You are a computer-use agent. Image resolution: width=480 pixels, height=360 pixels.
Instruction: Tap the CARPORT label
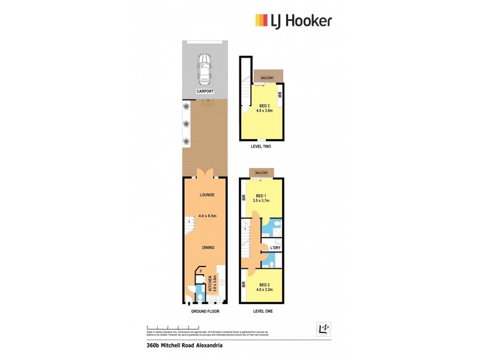[205, 91]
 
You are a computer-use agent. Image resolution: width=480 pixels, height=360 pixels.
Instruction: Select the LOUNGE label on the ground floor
[206, 195]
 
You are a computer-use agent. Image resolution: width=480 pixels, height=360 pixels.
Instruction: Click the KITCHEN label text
[210, 283]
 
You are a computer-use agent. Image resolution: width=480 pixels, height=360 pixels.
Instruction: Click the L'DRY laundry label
[275, 248]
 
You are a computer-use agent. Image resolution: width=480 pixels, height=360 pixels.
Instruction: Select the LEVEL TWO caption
[263, 146]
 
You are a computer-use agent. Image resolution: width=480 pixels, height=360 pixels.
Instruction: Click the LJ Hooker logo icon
[262, 20]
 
